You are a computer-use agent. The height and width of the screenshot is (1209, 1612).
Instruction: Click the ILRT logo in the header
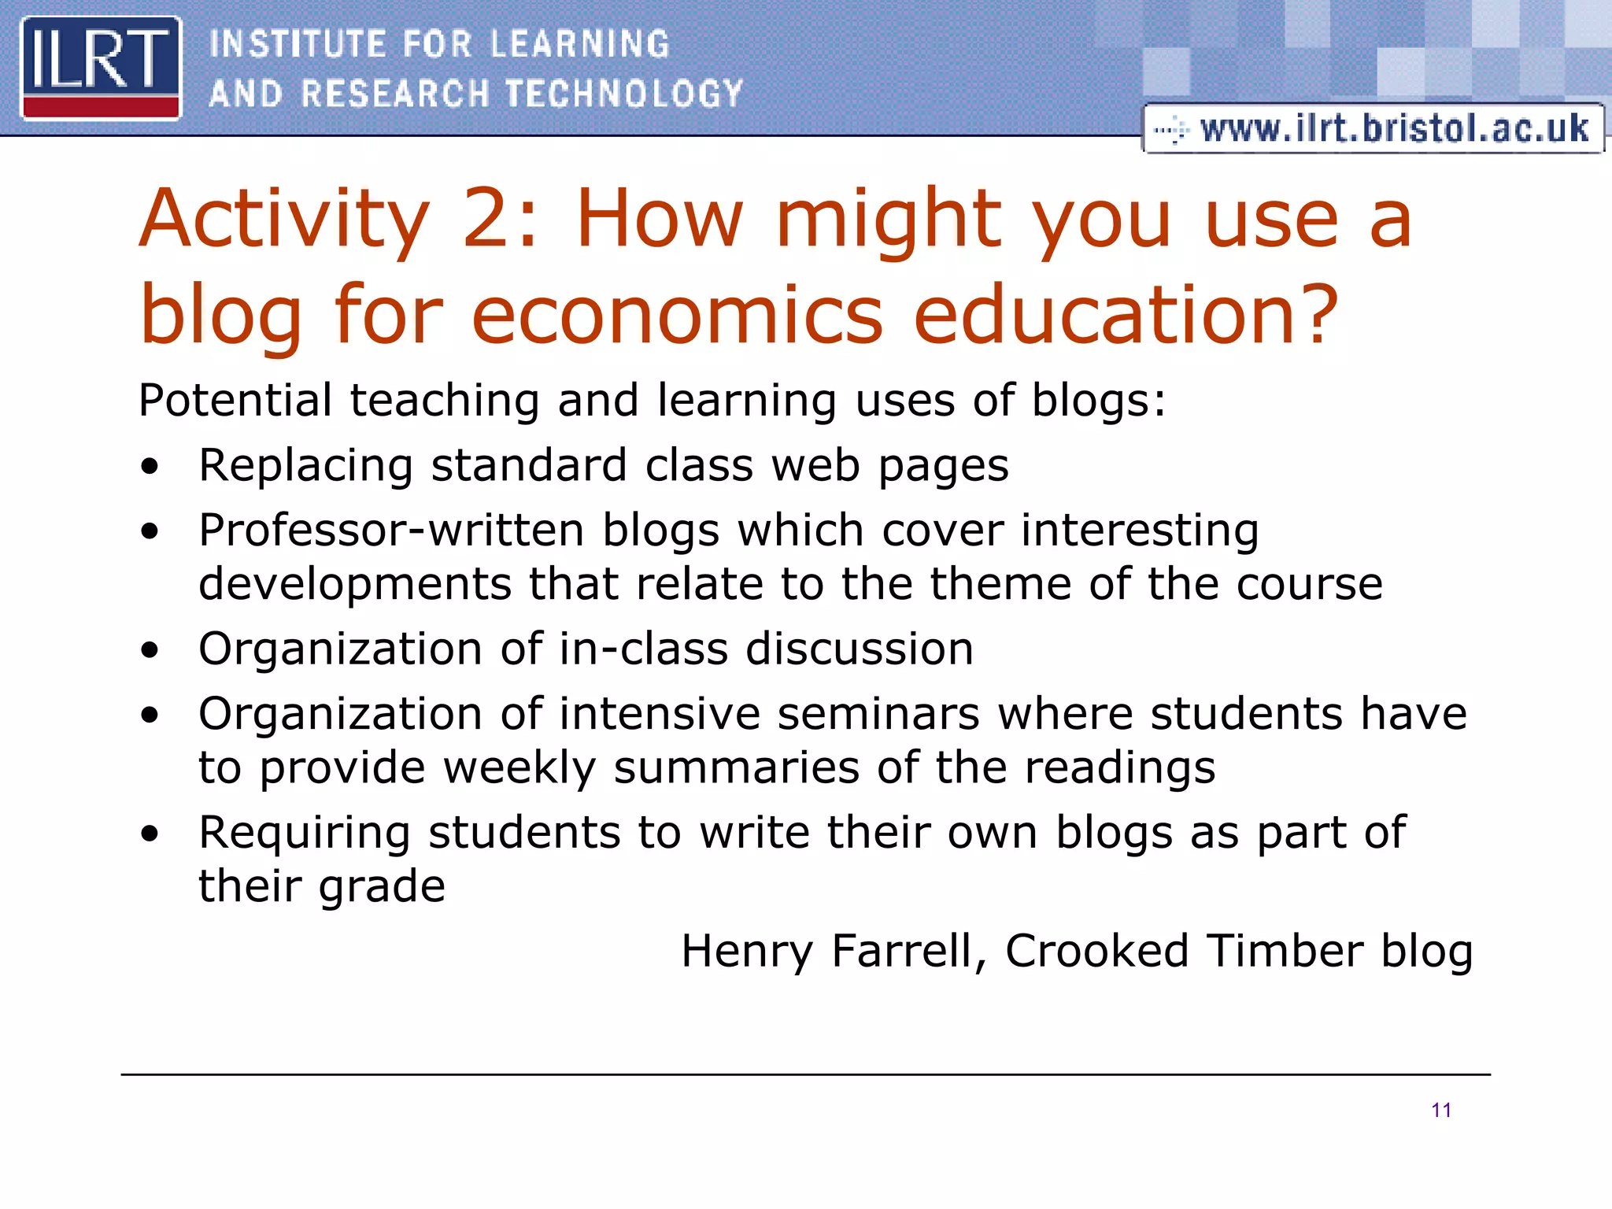pos(101,68)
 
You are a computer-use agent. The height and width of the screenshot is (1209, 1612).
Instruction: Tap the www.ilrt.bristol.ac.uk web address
pos(1393,128)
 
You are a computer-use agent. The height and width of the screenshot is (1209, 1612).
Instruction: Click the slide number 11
pos(1441,1110)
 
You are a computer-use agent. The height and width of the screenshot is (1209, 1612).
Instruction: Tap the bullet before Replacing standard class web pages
pos(150,466)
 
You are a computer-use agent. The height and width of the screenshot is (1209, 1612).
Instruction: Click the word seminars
pos(878,714)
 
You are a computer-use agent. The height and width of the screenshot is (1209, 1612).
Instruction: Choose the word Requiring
pos(305,834)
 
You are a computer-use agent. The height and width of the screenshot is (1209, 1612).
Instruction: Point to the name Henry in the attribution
pos(747,951)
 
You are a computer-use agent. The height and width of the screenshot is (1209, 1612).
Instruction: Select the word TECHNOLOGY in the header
pos(623,94)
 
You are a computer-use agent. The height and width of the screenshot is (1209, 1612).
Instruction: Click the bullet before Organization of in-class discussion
pos(150,650)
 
